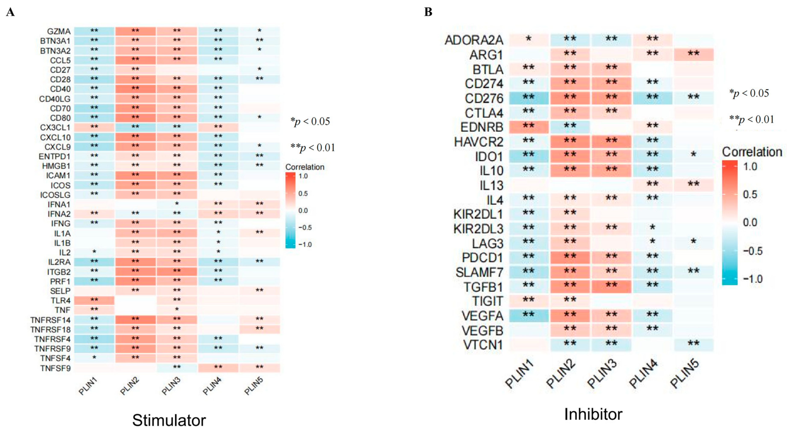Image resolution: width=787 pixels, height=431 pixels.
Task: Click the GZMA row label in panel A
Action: (x=59, y=31)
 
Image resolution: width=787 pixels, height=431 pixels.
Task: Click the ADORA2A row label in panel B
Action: (x=474, y=40)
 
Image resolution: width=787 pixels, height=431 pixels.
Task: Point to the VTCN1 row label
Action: (x=483, y=345)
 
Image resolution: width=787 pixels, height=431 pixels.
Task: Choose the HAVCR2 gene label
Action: (x=478, y=142)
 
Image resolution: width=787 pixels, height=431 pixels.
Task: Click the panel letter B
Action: (x=428, y=12)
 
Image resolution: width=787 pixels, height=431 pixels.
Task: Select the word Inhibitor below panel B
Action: (x=593, y=414)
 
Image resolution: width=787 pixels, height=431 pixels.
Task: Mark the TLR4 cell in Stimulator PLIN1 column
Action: (x=94, y=300)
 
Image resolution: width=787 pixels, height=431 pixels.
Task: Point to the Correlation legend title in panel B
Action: (x=752, y=152)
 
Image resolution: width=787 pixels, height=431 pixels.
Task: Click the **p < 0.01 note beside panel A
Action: (x=312, y=148)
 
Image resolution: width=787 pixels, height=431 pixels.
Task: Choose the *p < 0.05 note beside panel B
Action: (x=749, y=93)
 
